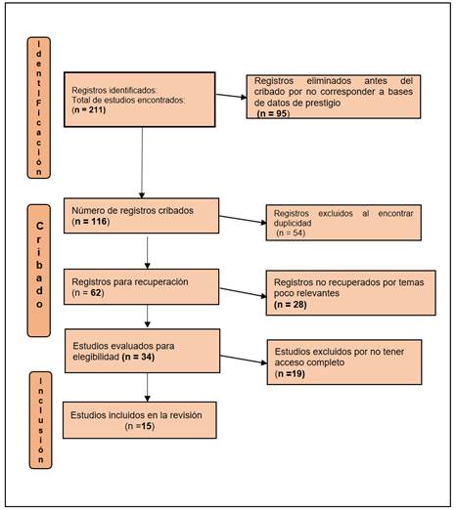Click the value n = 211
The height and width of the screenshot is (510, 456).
(x=89, y=109)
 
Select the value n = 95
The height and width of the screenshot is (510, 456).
(x=273, y=113)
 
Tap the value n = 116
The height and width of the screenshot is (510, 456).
(x=91, y=222)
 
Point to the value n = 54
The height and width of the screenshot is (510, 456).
(x=291, y=233)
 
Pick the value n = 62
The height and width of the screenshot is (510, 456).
(x=88, y=292)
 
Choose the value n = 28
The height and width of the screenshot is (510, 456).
(x=291, y=305)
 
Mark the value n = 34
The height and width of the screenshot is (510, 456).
(x=138, y=357)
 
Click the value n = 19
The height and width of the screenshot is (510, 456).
(x=290, y=373)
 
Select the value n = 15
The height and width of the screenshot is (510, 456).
(x=140, y=426)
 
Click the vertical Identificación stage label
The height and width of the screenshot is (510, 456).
(x=39, y=107)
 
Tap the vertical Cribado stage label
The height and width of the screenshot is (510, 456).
(x=39, y=271)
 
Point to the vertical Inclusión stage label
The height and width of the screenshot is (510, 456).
(x=40, y=420)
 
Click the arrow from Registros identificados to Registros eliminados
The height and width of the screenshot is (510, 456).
(x=231, y=96)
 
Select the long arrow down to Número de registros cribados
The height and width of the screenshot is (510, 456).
(x=142, y=163)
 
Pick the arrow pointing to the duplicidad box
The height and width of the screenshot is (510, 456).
(x=243, y=220)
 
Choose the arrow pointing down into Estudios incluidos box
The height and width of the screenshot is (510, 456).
(x=147, y=388)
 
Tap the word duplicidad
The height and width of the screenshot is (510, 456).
(x=293, y=224)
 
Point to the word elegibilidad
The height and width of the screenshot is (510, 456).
(x=96, y=357)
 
